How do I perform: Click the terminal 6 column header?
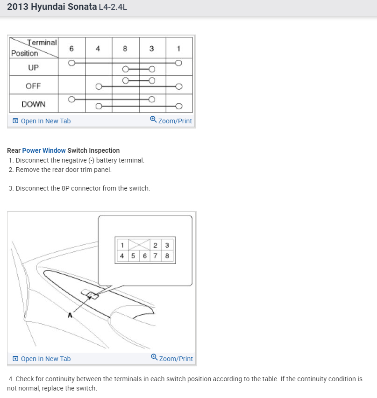(71, 49)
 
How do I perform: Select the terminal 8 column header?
(125, 49)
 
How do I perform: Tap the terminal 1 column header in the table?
(178, 49)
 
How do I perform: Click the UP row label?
(33, 68)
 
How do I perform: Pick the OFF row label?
(33, 86)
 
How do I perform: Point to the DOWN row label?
(33, 104)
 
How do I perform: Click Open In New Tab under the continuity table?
(42, 121)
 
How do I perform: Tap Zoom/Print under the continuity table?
(171, 121)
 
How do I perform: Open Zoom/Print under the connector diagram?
(172, 358)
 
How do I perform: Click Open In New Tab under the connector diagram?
(42, 359)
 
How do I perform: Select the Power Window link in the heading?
(44, 150)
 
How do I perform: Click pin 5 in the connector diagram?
(133, 256)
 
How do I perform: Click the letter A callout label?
(70, 315)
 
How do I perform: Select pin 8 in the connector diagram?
(167, 256)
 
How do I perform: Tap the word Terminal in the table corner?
(42, 43)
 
